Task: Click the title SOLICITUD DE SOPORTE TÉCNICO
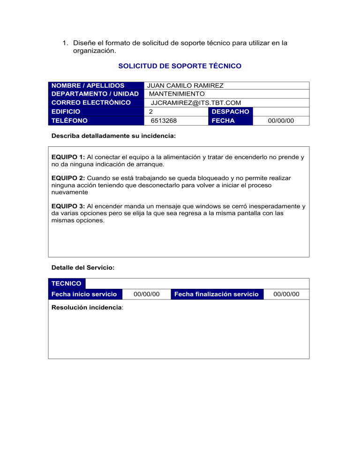(x=180, y=66)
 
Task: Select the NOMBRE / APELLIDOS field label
(x=88, y=86)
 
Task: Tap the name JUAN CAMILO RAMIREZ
(x=185, y=86)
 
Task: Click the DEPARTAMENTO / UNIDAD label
(x=95, y=94)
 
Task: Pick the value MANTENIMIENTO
(x=176, y=94)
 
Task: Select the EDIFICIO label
(x=66, y=112)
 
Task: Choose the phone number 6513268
(x=163, y=121)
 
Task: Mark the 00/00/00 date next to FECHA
(x=281, y=121)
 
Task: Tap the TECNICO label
(x=66, y=284)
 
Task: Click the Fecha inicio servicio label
(x=84, y=294)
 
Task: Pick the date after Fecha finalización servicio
(x=286, y=294)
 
